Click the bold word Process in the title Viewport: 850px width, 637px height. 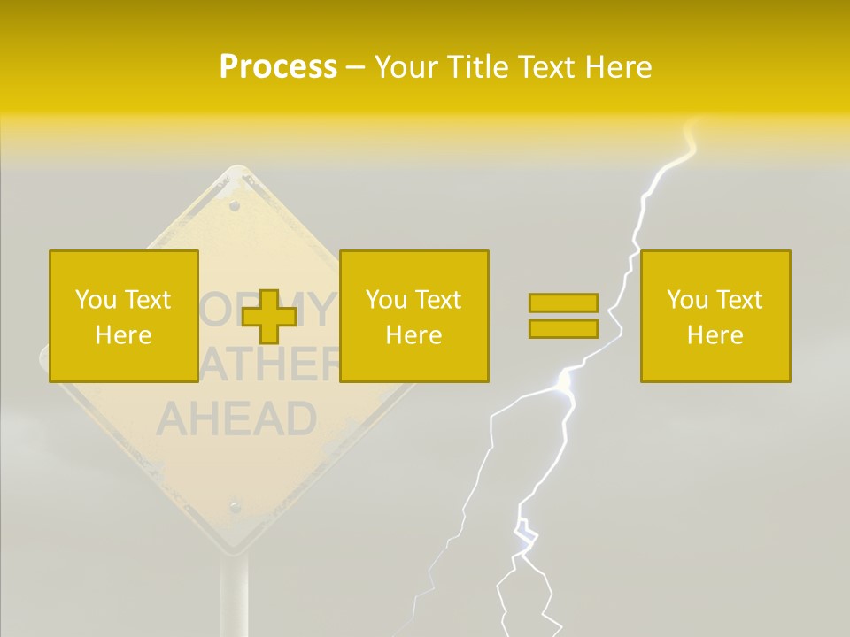click(x=278, y=67)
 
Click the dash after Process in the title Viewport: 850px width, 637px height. click(x=355, y=68)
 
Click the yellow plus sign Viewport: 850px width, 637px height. click(x=268, y=317)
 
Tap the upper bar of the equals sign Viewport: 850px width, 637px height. click(x=563, y=303)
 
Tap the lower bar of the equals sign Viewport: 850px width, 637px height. click(x=563, y=329)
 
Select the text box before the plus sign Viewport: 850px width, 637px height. click(x=123, y=317)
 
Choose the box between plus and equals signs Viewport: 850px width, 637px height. click(x=413, y=317)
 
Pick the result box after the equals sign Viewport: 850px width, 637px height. click(x=715, y=317)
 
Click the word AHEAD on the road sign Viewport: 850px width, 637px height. click(x=236, y=418)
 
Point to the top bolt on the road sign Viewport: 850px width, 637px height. click(x=235, y=205)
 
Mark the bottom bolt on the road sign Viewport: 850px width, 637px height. click(x=235, y=507)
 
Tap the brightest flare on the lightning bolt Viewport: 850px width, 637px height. click(x=564, y=380)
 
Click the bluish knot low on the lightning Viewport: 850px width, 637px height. click(x=525, y=533)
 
